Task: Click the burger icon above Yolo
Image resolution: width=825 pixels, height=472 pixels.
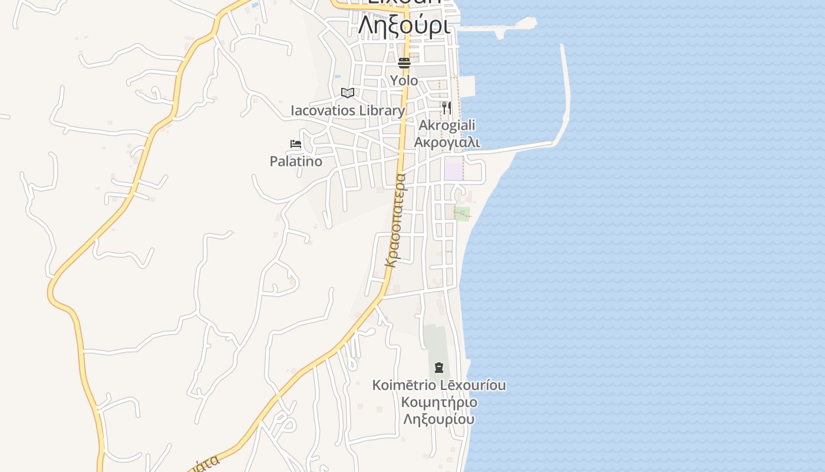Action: click(x=404, y=63)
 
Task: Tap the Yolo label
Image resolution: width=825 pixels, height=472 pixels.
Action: click(x=404, y=80)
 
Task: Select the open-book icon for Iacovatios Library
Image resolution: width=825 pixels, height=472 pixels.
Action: click(x=348, y=93)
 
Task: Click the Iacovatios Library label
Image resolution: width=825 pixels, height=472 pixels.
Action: click(x=348, y=110)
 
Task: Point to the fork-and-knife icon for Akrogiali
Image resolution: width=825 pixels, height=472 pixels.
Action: click(x=447, y=108)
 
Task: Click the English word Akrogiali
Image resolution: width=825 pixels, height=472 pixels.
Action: click(x=447, y=125)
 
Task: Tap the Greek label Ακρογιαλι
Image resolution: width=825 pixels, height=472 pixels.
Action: click(x=447, y=142)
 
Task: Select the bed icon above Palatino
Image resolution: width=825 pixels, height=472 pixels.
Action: click(x=296, y=144)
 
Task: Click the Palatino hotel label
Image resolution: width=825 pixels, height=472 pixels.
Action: click(x=296, y=161)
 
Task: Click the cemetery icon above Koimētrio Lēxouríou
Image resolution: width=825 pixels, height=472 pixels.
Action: click(x=438, y=368)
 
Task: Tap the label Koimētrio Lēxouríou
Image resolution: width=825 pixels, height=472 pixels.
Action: click(x=439, y=385)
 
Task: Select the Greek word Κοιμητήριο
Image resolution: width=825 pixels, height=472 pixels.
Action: click(x=439, y=402)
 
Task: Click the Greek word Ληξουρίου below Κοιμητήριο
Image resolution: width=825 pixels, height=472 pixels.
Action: click(x=439, y=419)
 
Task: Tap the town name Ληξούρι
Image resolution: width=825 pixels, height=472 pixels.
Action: click(x=404, y=25)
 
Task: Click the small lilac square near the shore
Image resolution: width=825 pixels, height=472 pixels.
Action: click(x=453, y=171)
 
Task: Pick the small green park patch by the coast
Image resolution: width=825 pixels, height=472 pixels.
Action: click(x=463, y=213)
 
